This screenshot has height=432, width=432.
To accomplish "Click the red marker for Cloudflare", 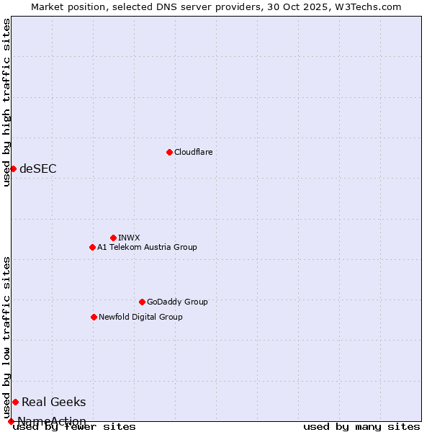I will click(169, 152).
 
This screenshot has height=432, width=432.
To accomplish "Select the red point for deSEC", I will click(13, 168).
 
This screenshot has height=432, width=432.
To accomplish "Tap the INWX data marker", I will click(113, 238).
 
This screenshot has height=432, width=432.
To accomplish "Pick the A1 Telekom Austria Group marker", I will click(92, 247).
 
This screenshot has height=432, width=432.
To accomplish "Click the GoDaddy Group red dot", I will click(142, 302).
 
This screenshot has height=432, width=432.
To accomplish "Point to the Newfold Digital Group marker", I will click(94, 317).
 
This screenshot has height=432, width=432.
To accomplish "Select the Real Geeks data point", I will click(15, 402).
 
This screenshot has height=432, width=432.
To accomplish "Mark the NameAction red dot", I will click(11, 421).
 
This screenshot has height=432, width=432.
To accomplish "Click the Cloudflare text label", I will click(193, 152).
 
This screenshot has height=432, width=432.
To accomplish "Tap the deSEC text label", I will click(37, 168).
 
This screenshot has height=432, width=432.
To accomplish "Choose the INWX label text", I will click(129, 238).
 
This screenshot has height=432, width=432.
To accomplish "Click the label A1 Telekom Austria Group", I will click(147, 247).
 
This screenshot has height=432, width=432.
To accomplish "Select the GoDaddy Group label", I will click(177, 302).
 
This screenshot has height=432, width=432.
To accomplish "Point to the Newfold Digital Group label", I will click(140, 317).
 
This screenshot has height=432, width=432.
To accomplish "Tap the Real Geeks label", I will click(53, 402).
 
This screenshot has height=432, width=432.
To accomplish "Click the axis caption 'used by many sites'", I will click(361, 426).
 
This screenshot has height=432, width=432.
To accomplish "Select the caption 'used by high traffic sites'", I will click(7, 102).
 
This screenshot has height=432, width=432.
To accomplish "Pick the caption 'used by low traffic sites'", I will click(7, 337).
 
